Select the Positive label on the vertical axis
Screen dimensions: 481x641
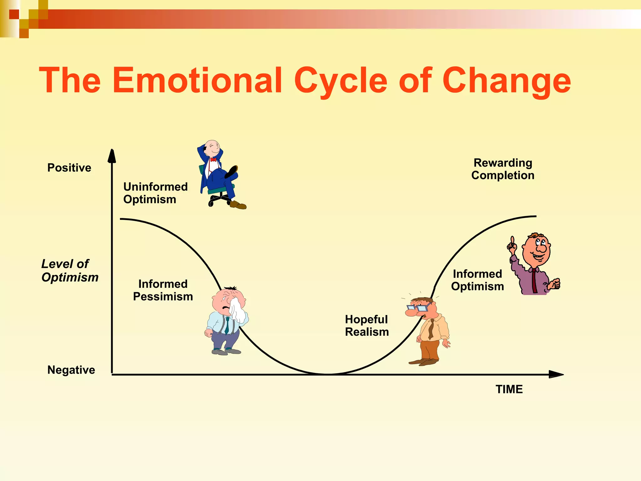(x=69, y=168)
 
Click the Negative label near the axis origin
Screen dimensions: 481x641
(x=71, y=370)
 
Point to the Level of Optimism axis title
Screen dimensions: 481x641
(x=69, y=271)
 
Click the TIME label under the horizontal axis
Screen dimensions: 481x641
(x=509, y=389)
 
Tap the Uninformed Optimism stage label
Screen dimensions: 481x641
(x=155, y=193)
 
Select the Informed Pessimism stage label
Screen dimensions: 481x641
(x=163, y=290)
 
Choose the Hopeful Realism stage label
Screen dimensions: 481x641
(x=367, y=326)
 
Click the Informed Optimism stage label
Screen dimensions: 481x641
(x=477, y=280)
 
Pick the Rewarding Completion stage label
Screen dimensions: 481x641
(x=503, y=169)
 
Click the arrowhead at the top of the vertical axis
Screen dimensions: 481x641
(x=112, y=156)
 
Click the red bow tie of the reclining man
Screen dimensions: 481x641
(x=213, y=160)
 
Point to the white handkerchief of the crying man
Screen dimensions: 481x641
(x=238, y=310)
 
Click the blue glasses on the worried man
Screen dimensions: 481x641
(x=418, y=308)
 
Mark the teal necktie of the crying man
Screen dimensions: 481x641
(x=227, y=326)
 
